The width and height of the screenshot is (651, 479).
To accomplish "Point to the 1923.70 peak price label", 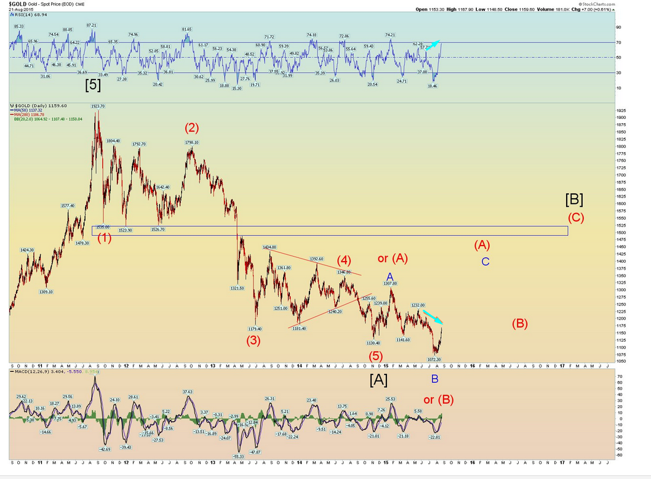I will pyautogui.click(x=97, y=106).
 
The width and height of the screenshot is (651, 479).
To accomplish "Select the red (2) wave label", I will pyautogui.click(x=192, y=128).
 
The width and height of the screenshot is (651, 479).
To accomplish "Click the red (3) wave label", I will pyautogui.click(x=254, y=340).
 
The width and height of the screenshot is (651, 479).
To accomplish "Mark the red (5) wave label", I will pyautogui.click(x=376, y=355).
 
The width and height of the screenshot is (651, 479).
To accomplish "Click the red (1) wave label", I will pyautogui.click(x=104, y=238).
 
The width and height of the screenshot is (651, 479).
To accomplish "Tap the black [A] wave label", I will pyautogui.click(x=378, y=380).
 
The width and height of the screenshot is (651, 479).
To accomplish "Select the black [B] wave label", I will pyautogui.click(x=574, y=199).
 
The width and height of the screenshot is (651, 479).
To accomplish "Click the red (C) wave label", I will pyautogui.click(x=576, y=217).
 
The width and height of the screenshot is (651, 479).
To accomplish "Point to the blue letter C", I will pyautogui.click(x=485, y=262).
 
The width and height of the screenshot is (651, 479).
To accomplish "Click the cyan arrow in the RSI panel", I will pyautogui.click(x=434, y=43).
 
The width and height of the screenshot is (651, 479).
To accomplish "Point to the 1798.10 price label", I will pyautogui.click(x=191, y=142).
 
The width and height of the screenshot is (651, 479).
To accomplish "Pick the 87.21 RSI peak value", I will pyautogui.click(x=91, y=25).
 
